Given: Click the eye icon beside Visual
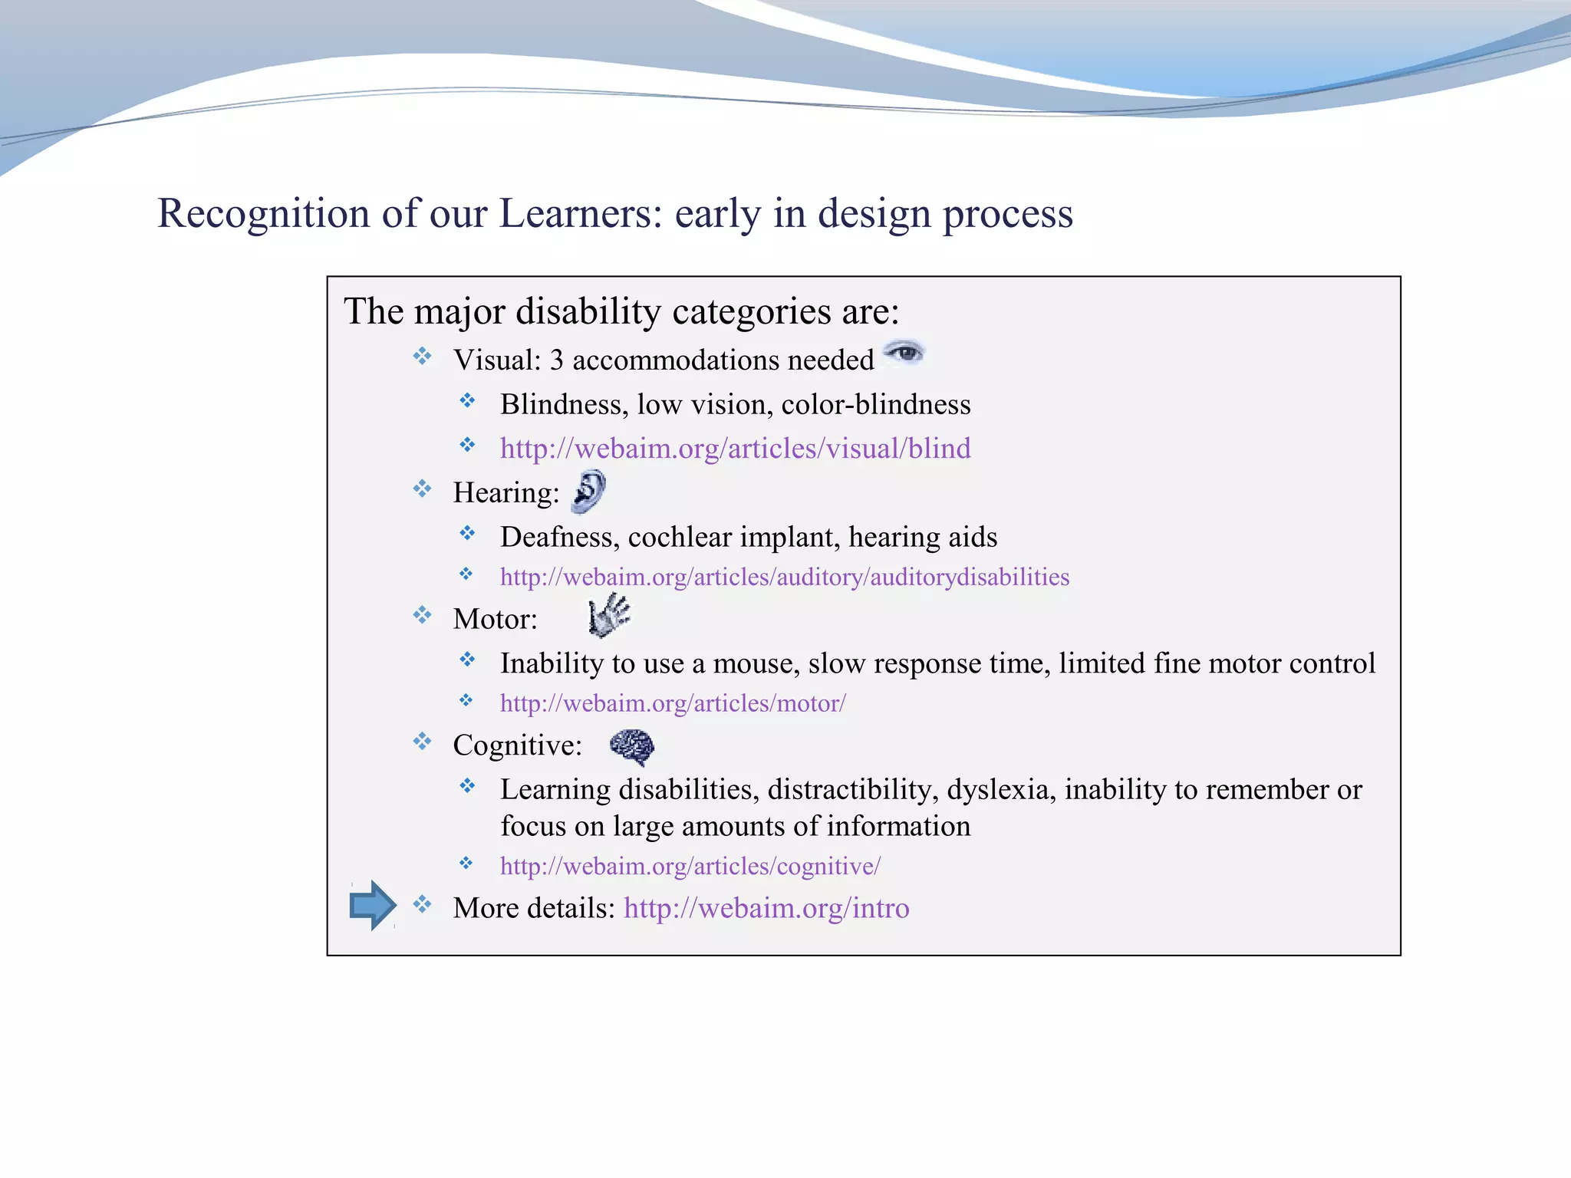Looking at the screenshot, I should click(x=905, y=353).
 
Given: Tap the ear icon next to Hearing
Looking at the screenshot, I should click(x=589, y=492).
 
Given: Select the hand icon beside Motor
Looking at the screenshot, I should click(x=609, y=615).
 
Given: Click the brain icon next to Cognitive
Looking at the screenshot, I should click(x=632, y=746).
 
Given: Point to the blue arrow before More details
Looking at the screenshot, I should click(x=373, y=905).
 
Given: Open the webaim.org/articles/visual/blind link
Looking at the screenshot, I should click(x=735, y=448).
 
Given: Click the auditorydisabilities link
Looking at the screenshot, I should click(x=784, y=577).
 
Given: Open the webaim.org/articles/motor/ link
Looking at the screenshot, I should click(x=672, y=703).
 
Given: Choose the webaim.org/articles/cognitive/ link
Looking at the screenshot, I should click(x=690, y=866).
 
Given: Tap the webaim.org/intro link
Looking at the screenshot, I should click(x=766, y=908).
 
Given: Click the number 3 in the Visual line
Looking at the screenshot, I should click(x=557, y=360).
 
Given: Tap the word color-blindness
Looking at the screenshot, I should click(x=875, y=404).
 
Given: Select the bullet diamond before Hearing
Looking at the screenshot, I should click(x=423, y=489).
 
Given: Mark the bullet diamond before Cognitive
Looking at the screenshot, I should click(x=423, y=742).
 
